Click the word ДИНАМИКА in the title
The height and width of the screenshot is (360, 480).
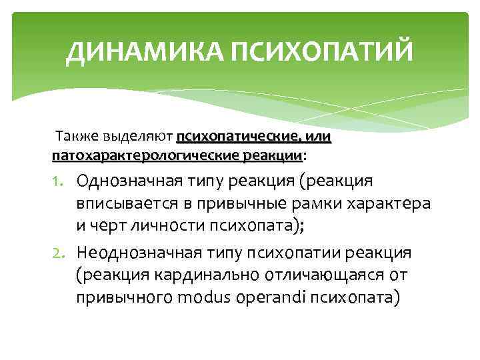click(144, 52)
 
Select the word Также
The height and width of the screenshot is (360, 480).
click(77, 137)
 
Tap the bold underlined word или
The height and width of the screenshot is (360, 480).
click(319, 137)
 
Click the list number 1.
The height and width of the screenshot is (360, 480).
click(59, 182)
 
